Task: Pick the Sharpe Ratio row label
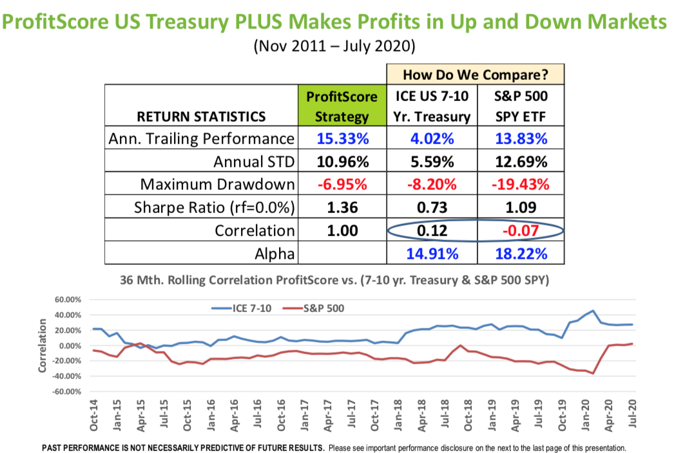click(x=214, y=208)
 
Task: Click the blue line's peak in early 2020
click(x=593, y=311)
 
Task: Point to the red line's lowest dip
click(x=593, y=373)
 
